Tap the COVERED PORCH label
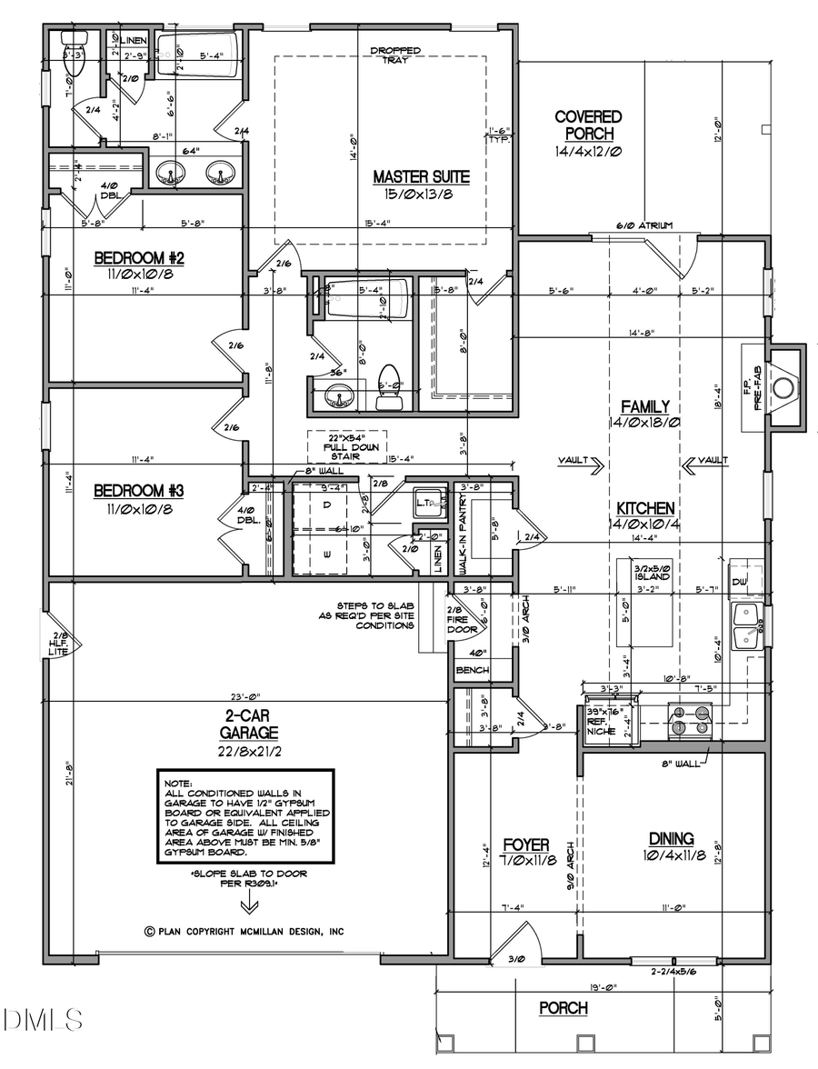588,125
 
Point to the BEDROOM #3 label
139,491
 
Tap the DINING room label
671,838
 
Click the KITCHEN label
645,508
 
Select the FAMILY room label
645,406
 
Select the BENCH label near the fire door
473,670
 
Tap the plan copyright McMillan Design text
244,931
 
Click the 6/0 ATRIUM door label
644,225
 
